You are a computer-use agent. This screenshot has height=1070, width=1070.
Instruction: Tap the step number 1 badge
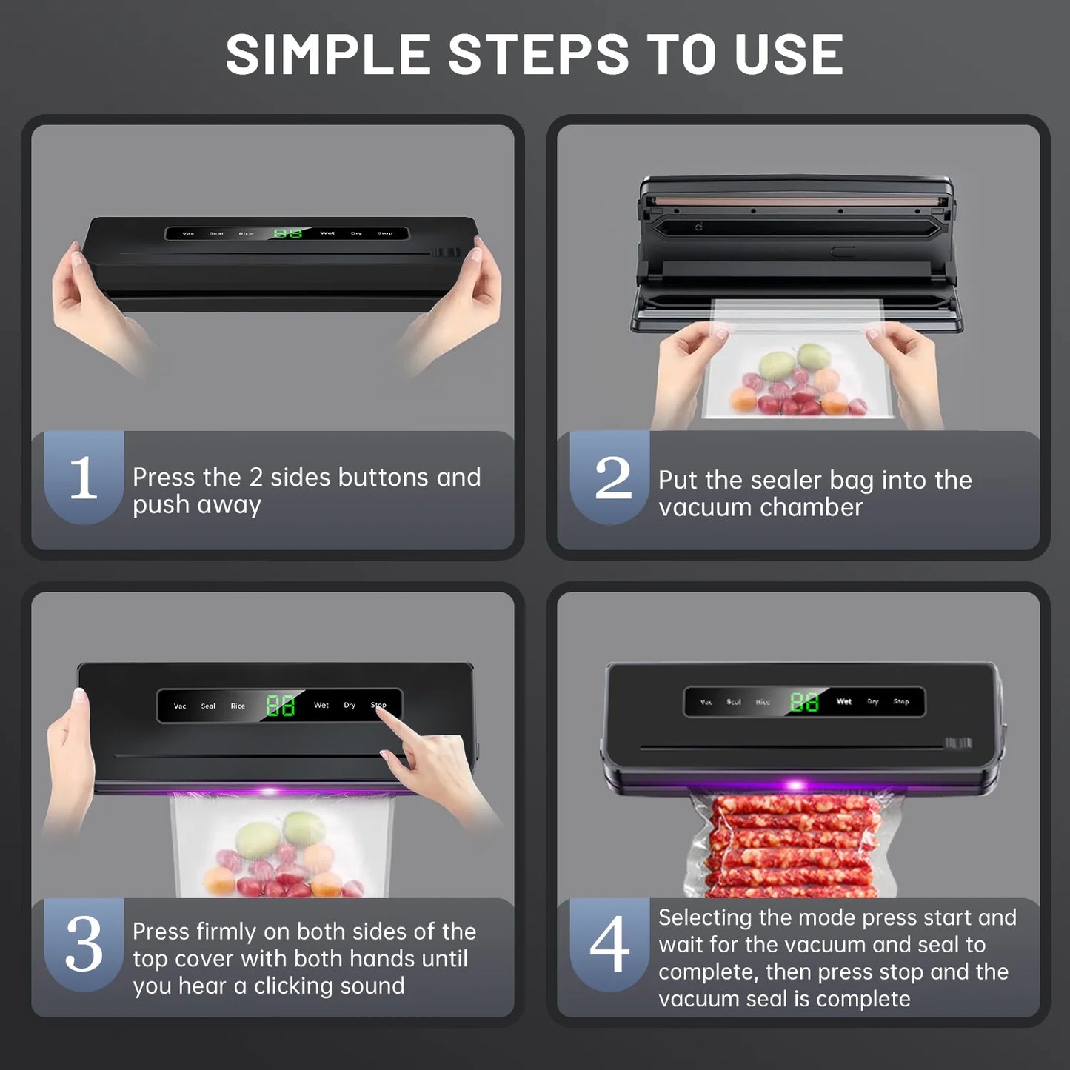[x=84, y=478]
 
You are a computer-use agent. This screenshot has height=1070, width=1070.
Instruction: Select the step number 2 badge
[x=612, y=478]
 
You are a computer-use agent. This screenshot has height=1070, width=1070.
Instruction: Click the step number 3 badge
[x=84, y=944]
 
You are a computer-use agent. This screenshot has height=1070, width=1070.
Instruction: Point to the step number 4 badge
[x=609, y=944]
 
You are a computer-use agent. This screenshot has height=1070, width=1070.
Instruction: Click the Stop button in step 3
[x=378, y=705]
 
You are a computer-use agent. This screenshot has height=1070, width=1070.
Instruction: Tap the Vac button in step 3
[x=180, y=706]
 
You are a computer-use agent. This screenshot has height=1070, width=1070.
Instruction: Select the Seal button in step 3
[x=208, y=706]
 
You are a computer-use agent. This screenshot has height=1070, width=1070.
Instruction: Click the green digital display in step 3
[x=280, y=705]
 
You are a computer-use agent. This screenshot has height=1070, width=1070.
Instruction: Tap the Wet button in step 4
[x=844, y=701]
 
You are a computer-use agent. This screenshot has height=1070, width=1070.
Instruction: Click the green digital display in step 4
[x=804, y=701]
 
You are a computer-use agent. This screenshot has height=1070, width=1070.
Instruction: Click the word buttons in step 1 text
[x=383, y=478]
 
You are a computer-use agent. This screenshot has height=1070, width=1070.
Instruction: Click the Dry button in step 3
[x=350, y=705]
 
